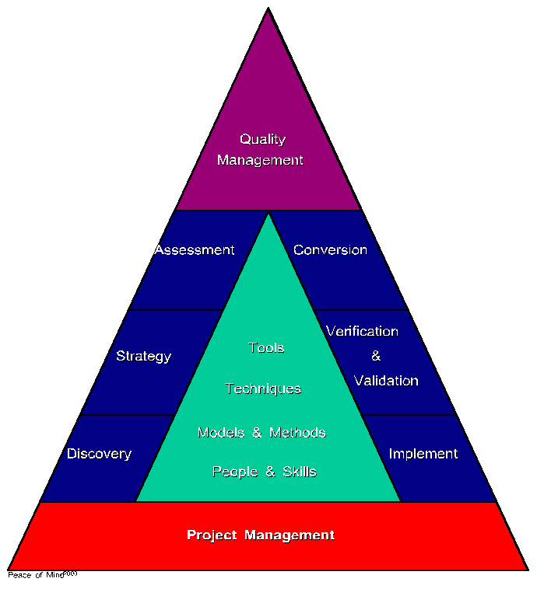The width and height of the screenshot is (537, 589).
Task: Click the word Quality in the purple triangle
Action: coord(262,140)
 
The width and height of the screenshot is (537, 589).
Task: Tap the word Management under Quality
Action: coord(260,161)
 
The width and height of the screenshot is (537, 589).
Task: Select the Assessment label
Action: coord(195,250)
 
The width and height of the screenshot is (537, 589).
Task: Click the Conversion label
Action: coord(330,250)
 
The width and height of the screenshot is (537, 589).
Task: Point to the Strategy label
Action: coord(143,357)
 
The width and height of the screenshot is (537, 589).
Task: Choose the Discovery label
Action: coord(99,454)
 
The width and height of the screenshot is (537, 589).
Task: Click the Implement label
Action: coord(423,454)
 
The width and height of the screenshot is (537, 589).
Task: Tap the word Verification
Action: coord(362,332)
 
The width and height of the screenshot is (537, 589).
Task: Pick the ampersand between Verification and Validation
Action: coord(376,357)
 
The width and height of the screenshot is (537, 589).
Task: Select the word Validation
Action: coord(386,382)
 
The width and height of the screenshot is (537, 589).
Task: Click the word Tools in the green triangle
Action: coord(266,348)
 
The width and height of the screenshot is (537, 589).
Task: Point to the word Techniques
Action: coord(263,389)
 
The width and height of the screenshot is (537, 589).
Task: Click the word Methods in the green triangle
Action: coord(297,433)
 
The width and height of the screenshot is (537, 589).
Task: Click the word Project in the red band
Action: coord(212,535)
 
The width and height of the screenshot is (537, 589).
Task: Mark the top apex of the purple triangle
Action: coord(268,9)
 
